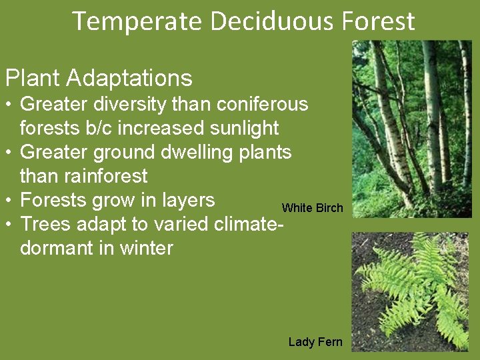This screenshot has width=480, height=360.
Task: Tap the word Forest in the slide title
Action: [x=379, y=21]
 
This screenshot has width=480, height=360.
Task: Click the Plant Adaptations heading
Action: [x=99, y=78]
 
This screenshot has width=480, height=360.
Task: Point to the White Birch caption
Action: [x=312, y=208]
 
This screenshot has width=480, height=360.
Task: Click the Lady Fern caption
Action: [x=315, y=342]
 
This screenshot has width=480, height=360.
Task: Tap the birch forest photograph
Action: [x=411, y=128]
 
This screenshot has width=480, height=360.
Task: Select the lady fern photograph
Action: [x=411, y=291]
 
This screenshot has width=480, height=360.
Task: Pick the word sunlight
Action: [x=243, y=128]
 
